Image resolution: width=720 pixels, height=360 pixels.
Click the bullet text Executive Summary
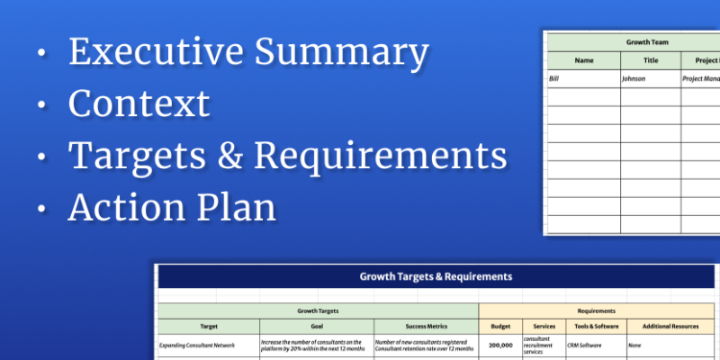pos(247,53)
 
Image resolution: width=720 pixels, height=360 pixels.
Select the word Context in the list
pos(139,104)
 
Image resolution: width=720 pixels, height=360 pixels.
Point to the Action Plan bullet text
pos(171,208)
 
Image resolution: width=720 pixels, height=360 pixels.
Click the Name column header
pos(584,61)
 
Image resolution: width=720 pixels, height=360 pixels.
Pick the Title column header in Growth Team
pos(651,61)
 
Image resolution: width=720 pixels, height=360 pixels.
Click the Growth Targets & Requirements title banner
pos(436,276)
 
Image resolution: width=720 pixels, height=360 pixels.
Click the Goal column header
pos(316,325)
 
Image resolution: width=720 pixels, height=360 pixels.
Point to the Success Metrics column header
pos(425,325)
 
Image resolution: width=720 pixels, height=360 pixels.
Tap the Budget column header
pos(499,325)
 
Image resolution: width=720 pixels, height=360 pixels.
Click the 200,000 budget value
pos(499,345)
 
